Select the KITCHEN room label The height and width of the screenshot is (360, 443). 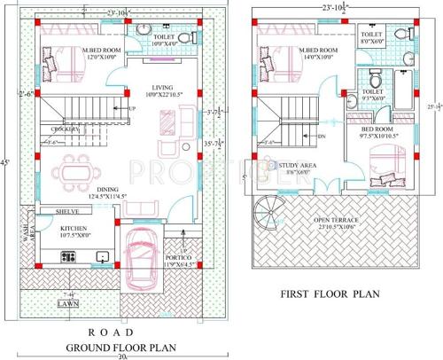[x=75, y=228]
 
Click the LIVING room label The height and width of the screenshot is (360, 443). [x=161, y=86]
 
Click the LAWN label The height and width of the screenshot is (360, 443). [x=68, y=302]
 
